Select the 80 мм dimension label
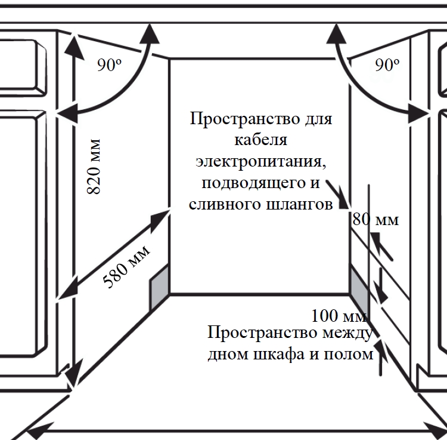point(375,220)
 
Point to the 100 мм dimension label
point(339,315)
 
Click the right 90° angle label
point(387,64)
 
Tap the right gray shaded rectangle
point(359,287)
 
